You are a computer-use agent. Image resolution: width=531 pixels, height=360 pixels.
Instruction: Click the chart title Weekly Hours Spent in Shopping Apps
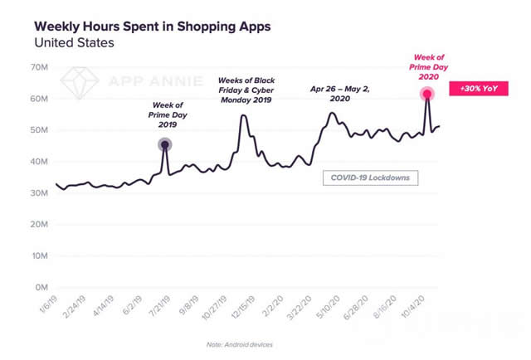(x=152, y=27)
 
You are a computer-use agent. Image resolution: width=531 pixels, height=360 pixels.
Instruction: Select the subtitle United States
(x=74, y=42)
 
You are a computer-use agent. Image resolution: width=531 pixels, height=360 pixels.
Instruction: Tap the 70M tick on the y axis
(x=40, y=67)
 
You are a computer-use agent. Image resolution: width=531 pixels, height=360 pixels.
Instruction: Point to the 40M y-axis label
(x=40, y=162)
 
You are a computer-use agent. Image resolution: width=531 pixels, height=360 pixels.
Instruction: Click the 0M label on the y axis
(x=41, y=288)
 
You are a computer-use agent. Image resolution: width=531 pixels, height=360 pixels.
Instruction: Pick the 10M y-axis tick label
(x=40, y=256)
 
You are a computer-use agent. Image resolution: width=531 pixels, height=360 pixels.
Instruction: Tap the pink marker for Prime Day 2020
(x=426, y=95)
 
